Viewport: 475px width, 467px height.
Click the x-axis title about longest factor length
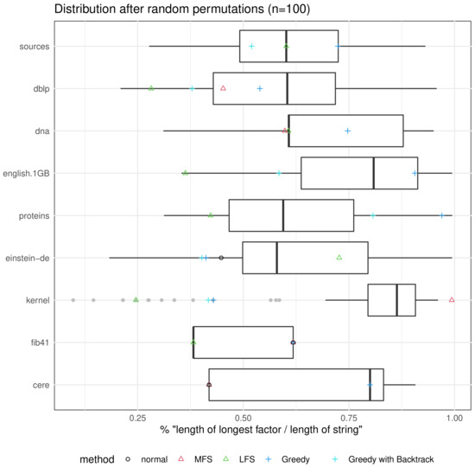[259, 429]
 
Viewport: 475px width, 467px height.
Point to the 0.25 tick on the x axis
[137, 415]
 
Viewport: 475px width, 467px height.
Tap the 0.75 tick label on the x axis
[349, 415]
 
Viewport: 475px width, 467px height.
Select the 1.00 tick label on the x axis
[454, 415]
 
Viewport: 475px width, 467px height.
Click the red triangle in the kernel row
[452, 300]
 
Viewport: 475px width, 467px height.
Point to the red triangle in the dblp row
[224, 88]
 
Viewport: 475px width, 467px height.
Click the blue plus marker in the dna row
[348, 131]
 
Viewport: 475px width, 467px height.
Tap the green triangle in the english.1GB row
[185, 173]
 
